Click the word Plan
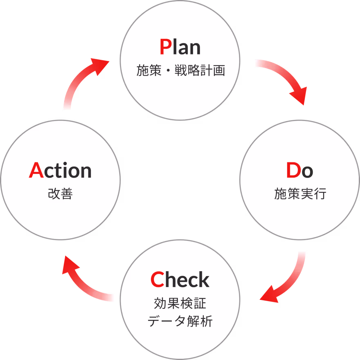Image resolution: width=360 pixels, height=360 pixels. pos(180,47)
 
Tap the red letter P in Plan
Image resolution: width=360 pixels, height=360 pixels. pos(165,47)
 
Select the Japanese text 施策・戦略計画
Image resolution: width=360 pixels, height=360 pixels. pos(180,71)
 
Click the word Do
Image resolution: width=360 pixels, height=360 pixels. pos(300,171)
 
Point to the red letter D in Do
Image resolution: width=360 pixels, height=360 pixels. pos(293,171)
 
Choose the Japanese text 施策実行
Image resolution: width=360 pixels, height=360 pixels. pos(300,194)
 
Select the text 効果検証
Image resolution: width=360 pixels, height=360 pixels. pos(180,304)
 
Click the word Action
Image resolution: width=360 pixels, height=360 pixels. pos(60,171)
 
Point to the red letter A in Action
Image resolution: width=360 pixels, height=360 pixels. pos(36,171)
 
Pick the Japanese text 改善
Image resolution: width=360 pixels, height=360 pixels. pos(60,194)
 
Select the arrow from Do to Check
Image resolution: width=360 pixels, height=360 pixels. pos(286,282)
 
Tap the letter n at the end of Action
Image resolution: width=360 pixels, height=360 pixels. pos(86,171)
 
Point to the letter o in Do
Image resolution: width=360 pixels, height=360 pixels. pos(307,172)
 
